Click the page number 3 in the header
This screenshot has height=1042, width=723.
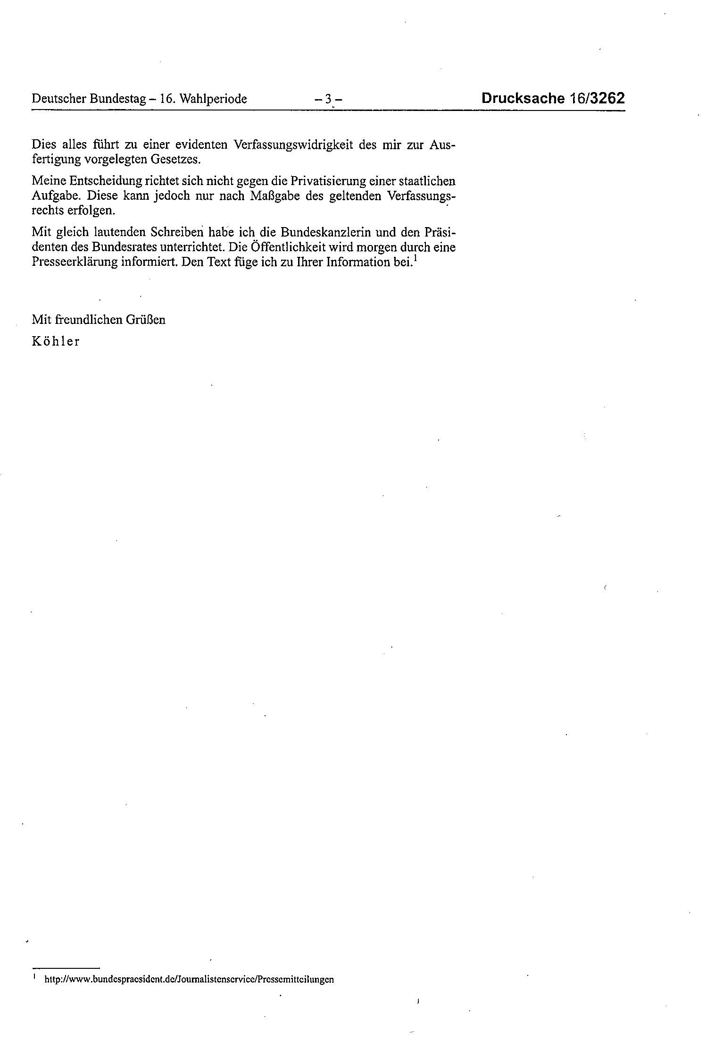(x=328, y=99)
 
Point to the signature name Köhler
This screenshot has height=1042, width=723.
(x=56, y=341)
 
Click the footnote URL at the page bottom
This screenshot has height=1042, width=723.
(x=189, y=979)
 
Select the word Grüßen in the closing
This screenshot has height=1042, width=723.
(x=145, y=320)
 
